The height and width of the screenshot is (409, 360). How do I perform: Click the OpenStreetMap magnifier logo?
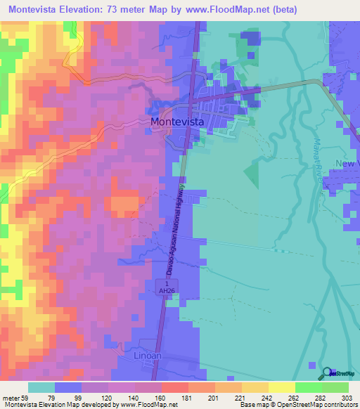point(327,373)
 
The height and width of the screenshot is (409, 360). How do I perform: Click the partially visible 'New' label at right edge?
point(347,163)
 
